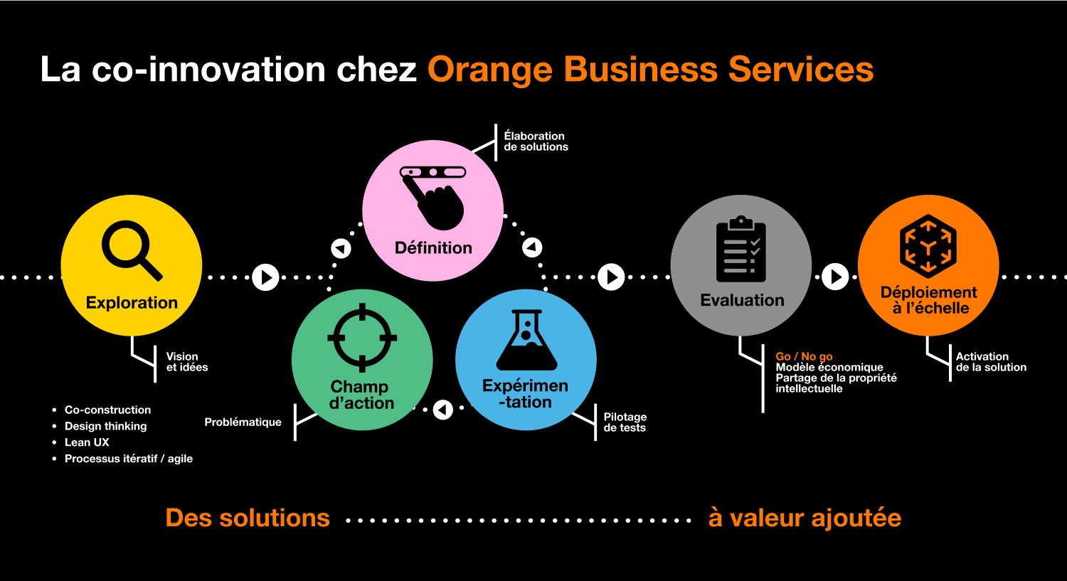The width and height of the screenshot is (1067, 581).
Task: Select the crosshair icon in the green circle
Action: pyautogui.click(x=362, y=338)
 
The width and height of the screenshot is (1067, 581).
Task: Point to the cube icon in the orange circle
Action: pyautogui.click(x=928, y=245)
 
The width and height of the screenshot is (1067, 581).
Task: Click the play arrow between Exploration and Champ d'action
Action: pyautogui.click(x=266, y=277)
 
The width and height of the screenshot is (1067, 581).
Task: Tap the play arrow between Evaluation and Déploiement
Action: pyautogui.click(x=835, y=277)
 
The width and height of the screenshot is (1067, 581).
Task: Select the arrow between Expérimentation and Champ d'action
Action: pyautogui.click(x=443, y=410)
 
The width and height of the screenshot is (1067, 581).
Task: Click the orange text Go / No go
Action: pyautogui.click(x=804, y=356)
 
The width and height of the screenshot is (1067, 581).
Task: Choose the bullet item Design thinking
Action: pyautogui.click(x=105, y=426)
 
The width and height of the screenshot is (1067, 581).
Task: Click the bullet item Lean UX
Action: pyautogui.click(x=87, y=442)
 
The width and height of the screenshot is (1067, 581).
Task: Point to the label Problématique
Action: pyautogui.click(x=243, y=422)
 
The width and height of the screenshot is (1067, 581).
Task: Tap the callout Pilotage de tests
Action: pyautogui.click(x=625, y=422)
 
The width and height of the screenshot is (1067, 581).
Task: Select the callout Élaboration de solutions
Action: pyautogui.click(x=536, y=141)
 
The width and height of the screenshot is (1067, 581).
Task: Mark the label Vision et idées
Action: pyautogui.click(x=187, y=361)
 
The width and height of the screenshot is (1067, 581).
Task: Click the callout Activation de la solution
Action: pyautogui.click(x=991, y=361)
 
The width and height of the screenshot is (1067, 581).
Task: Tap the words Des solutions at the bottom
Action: pyautogui.click(x=248, y=518)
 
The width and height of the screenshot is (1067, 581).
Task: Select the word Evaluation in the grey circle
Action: pyautogui.click(x=742, y=300)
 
